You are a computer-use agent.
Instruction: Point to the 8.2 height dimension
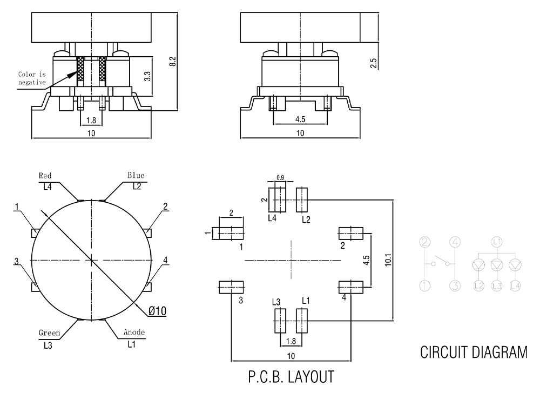tap(173, 61)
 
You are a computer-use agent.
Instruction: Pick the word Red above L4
tap(45, 176)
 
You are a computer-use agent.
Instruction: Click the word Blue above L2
tap(136, 175)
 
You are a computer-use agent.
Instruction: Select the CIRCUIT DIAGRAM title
tap(474, 353)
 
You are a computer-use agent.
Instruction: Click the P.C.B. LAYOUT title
tap(291, 376)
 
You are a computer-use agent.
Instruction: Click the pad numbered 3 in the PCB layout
tap(231, 287)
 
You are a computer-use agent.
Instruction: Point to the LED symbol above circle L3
tap(497, 264)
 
